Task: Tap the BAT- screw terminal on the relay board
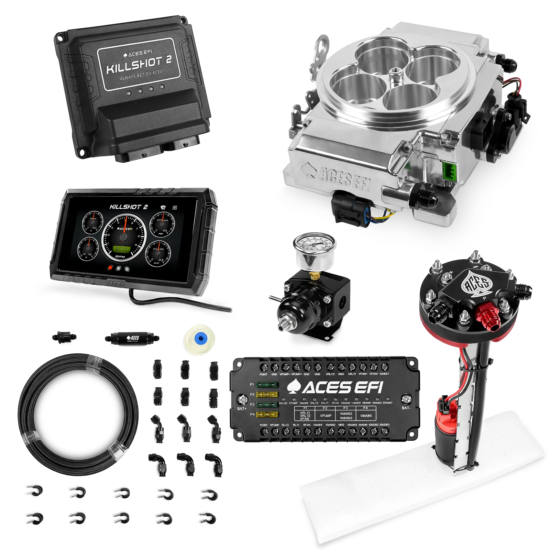407,399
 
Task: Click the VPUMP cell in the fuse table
325,416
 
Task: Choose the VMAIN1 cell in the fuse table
366,416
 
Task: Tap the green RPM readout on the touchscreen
122,249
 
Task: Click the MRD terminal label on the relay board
341,425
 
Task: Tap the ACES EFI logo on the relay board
335,387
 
